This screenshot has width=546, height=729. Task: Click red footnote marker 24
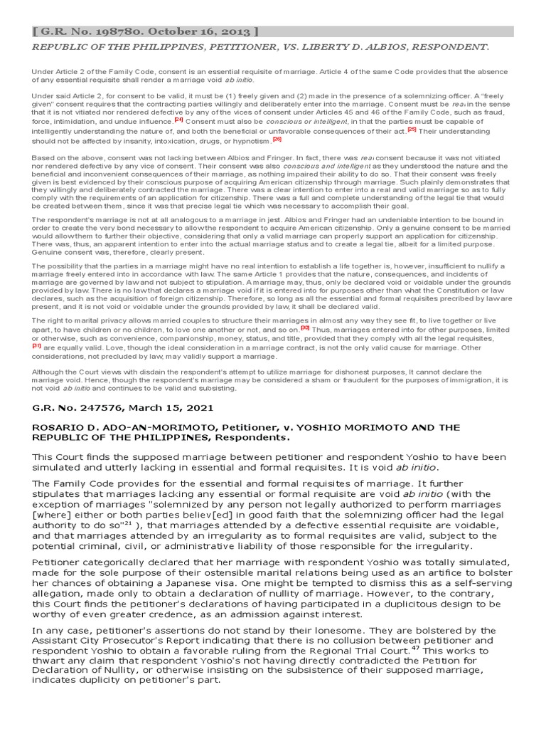(x=178, y=120)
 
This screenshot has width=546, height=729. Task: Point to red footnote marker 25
(x=412, y=130)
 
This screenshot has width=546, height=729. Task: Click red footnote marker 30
(x=304, y=328)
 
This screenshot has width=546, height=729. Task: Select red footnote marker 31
(x=36, y=346)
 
